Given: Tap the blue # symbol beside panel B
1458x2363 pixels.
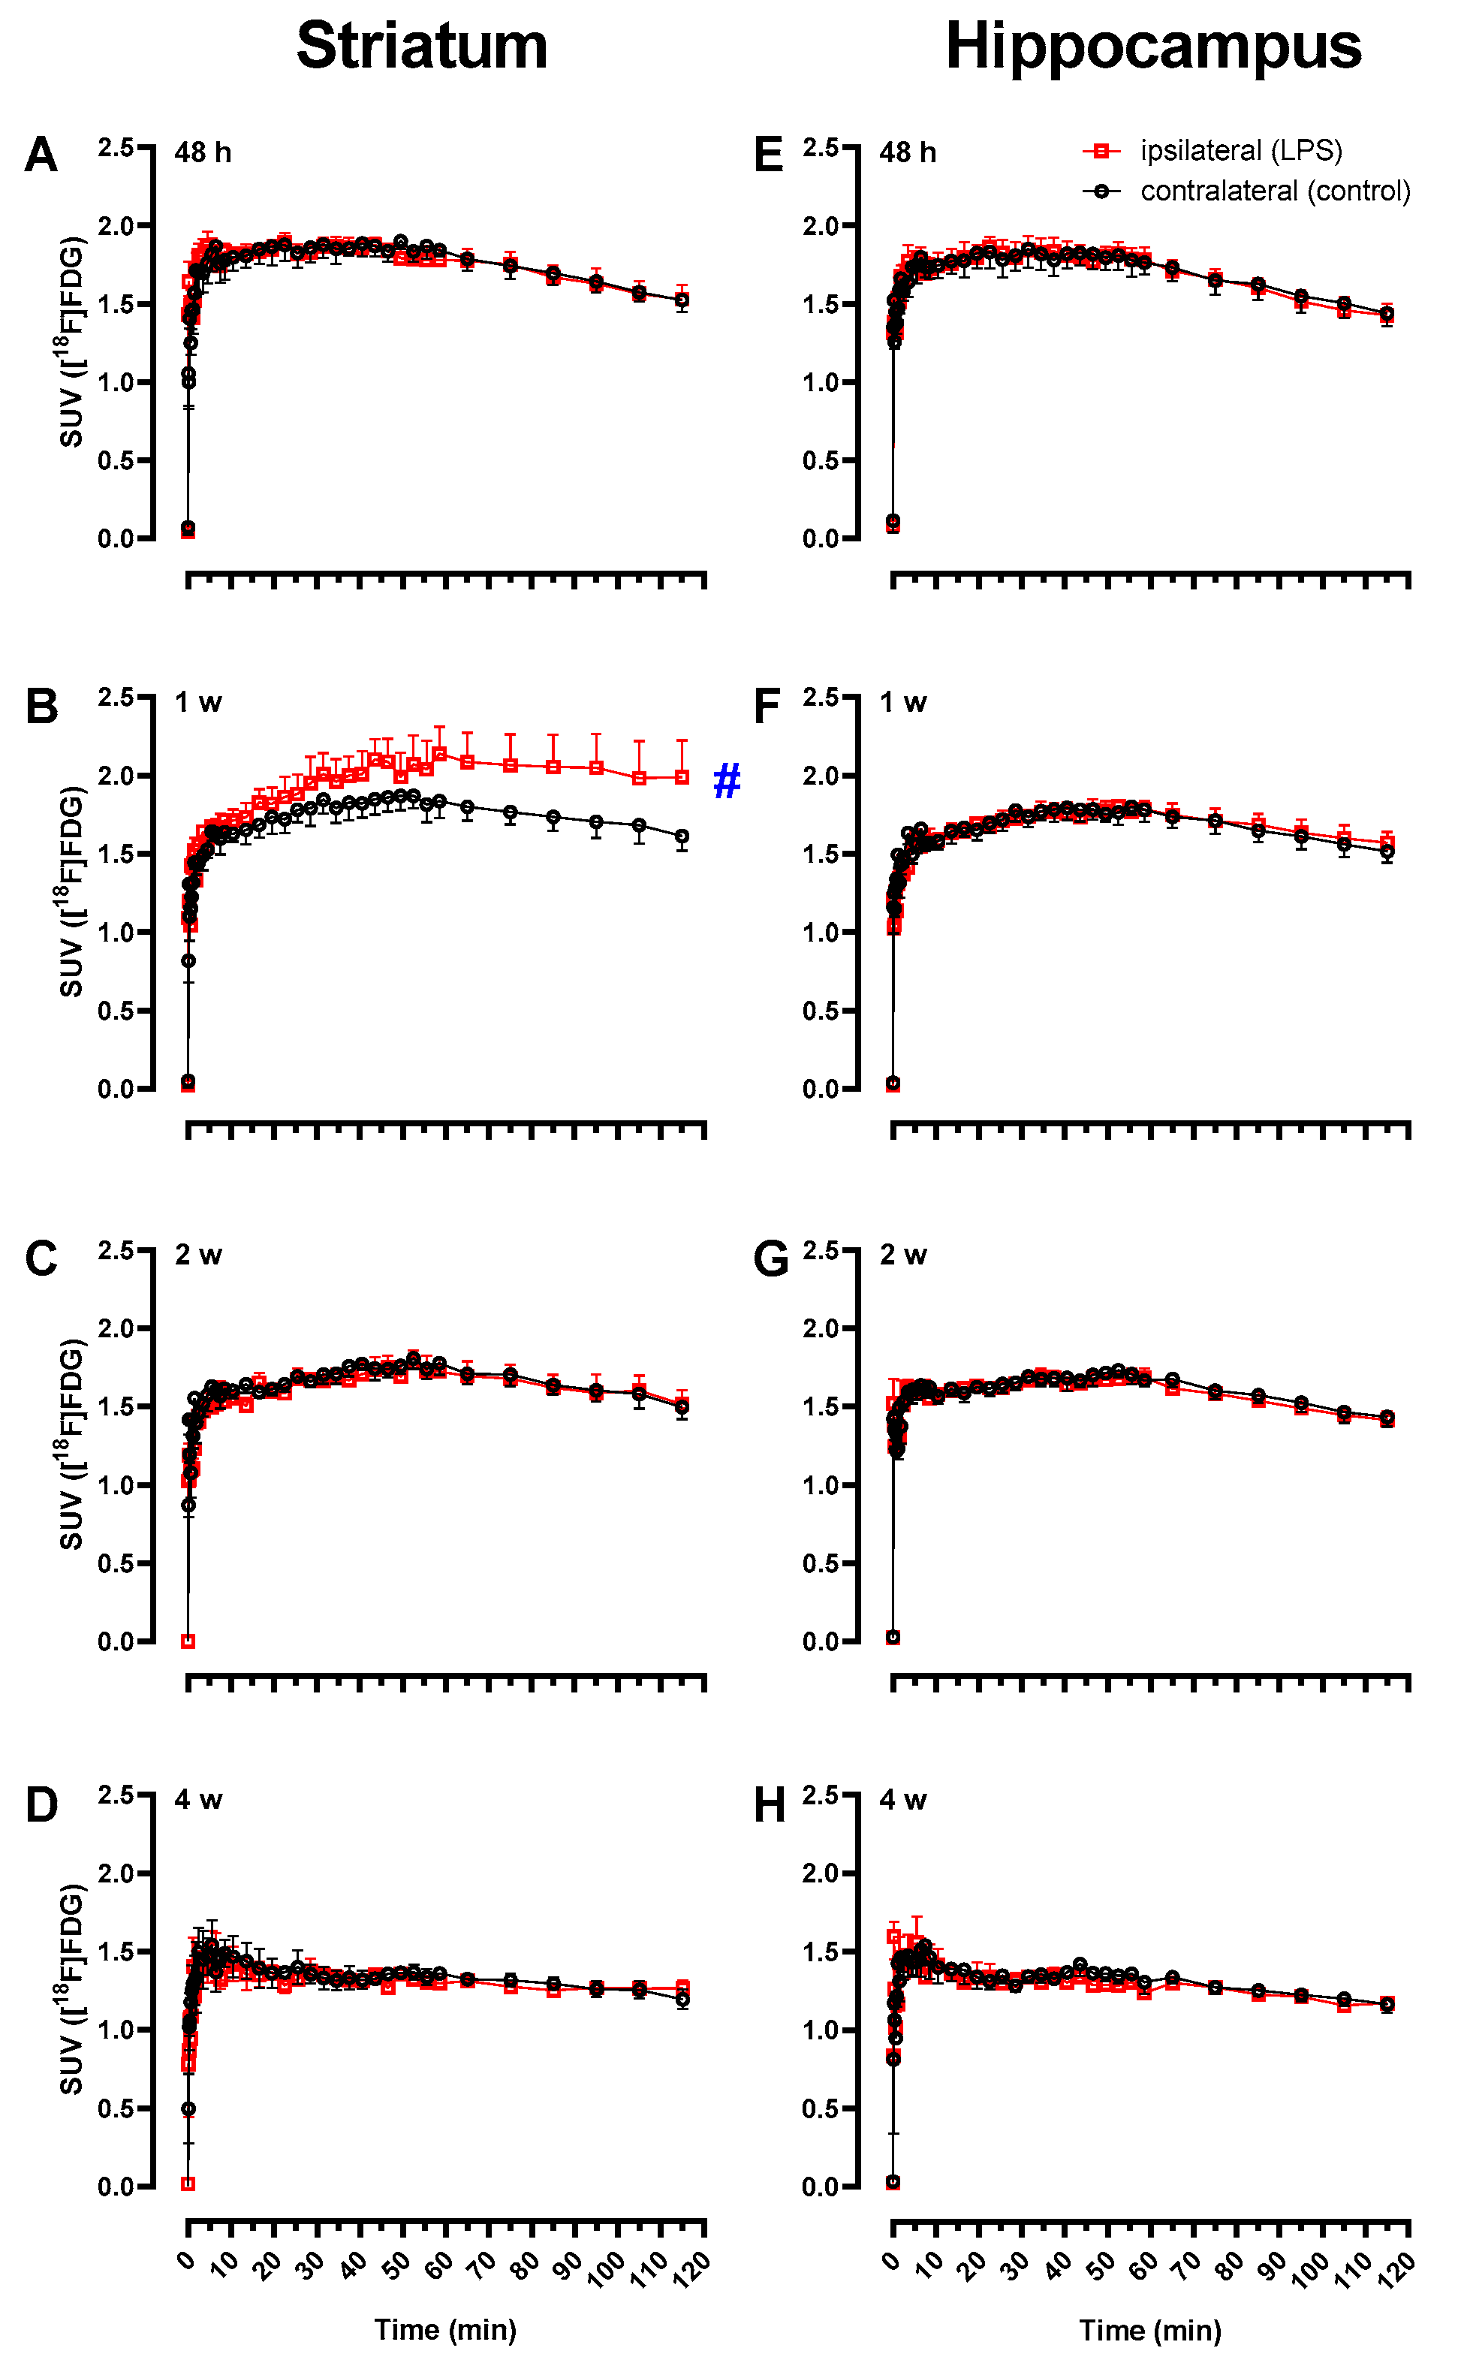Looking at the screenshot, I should pos(726,781).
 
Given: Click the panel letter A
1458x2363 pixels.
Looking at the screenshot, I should pos(41,155).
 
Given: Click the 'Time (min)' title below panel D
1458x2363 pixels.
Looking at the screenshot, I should pos(444,2330).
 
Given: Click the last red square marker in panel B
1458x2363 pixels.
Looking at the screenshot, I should pos(682,777).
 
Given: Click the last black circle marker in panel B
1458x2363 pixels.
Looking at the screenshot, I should pos(682,836).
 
